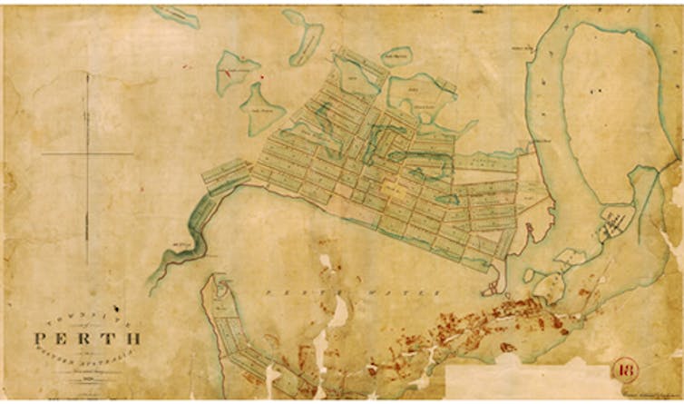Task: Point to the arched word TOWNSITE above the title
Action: (x=87, y=315)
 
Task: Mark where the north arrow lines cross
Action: (x=87, y=153)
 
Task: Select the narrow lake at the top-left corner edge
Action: (x=176, y=15)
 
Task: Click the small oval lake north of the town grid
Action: (x=397, y=56)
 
